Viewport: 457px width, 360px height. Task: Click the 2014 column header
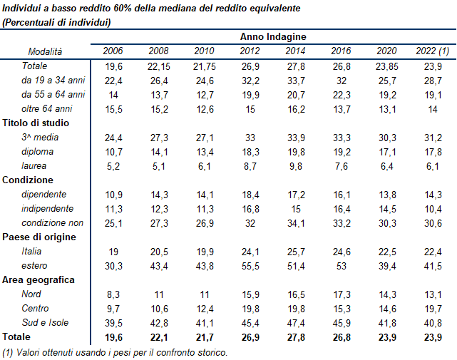(295, 51)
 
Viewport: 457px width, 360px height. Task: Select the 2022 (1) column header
(432, 51)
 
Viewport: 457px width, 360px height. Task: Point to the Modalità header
(45, 51)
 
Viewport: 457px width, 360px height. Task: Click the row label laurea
(34, 166)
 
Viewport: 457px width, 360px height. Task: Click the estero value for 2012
(250, 266)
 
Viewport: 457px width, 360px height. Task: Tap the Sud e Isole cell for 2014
(295, 323)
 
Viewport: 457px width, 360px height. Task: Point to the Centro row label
(36, 309)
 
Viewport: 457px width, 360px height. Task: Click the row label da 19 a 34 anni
(54, 80)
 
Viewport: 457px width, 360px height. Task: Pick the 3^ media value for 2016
(341, 138)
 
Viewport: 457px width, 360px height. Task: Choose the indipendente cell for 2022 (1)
(432, 209)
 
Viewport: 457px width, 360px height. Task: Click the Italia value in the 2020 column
(386, 252)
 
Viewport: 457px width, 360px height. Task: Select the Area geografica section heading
(38, 280)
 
